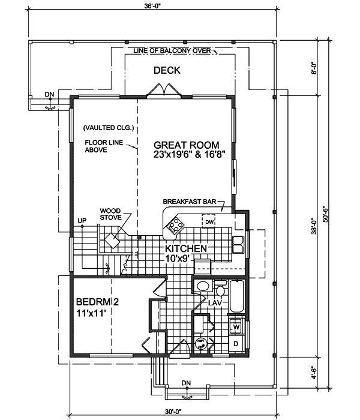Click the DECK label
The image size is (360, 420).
pyautogui.click(x=166, y=71)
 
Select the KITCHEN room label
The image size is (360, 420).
pyautogui.click(x=187, y=248)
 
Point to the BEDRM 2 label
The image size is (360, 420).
pyautogui.click(x=98, y=303)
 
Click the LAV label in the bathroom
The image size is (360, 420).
pyautogui.click(x=215, y=304)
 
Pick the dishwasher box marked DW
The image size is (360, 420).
pyautogui.click(x=209, y=223)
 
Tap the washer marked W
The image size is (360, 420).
pyautogui.click(x=236, y=327)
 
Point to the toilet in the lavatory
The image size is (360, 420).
pyautogui.click(x=220, y=291)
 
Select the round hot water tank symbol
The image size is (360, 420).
pyautogui.click(x=200, y=343)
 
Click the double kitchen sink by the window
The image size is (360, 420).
pyautogui.click(x=238, y=246)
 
